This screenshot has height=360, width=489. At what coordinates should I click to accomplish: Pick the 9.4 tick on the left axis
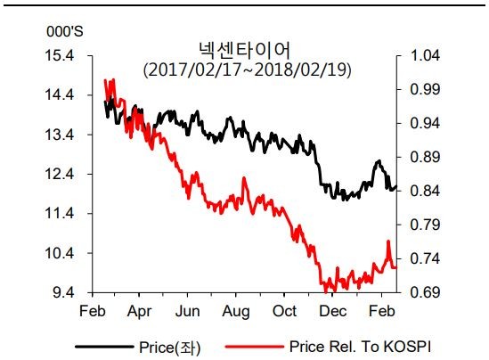tap(62, 293)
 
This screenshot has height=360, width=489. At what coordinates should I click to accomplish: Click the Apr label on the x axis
tap(138, 312)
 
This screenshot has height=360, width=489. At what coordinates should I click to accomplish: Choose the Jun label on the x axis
tap(188, 312)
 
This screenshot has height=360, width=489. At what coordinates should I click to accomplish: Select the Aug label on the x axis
tap(236, 312)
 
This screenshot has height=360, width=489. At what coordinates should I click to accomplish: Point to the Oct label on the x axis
tap(285, 312)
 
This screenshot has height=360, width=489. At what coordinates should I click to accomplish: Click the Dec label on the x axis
tap(333, 312)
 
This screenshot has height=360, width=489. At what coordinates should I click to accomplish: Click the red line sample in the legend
tap(254, 345)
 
